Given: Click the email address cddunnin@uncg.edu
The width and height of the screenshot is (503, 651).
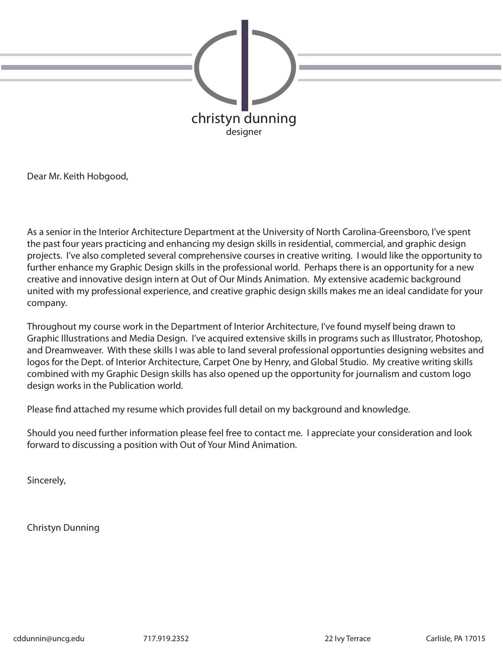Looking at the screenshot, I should click(48, 638).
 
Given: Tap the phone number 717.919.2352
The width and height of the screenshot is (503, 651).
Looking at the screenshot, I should click(166, 638).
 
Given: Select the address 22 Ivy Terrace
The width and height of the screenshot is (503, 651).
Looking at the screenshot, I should click(347, 638).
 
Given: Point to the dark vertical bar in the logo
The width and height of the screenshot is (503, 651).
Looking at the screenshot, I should click(245, 65).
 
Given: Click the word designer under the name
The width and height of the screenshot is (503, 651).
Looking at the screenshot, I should click(244, 132).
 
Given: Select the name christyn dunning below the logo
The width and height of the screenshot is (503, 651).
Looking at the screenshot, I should click(244, 118).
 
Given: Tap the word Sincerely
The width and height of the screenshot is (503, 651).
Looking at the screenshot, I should click(46, 480).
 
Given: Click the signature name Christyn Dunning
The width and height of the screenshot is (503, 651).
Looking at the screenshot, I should click(63, 527).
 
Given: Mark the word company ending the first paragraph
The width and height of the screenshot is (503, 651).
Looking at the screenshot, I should click(46, 303).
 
